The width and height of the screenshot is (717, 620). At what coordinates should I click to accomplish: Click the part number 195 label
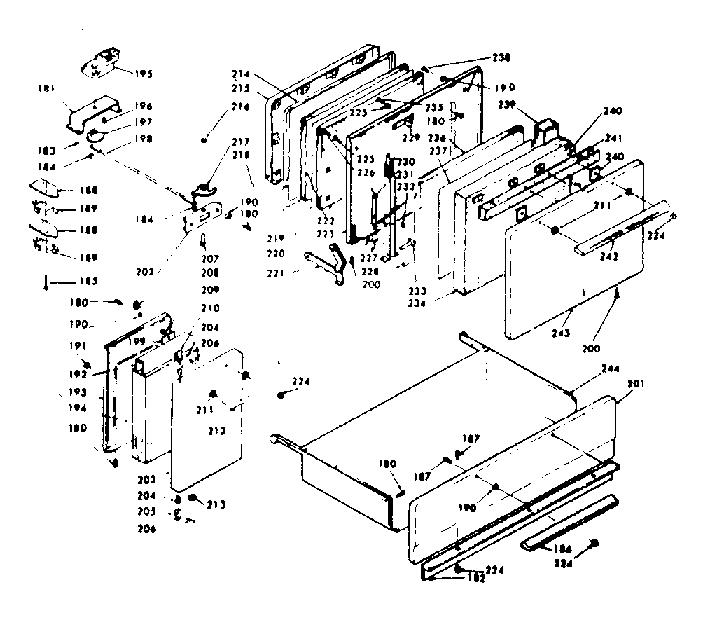point(143,74)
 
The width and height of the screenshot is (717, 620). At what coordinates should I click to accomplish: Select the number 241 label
point(613,137)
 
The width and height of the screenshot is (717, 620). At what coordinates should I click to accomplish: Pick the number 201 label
point(636,383)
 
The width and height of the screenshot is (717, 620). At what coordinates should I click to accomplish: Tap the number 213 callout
point(217,504)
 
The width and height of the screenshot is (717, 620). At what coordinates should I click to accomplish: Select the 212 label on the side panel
point(216,431)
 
